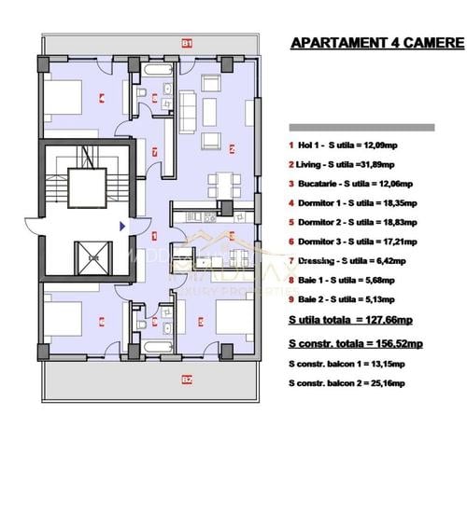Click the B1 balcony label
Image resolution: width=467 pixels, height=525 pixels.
click(187, 43)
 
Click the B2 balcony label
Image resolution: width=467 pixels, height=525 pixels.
click(187, 380)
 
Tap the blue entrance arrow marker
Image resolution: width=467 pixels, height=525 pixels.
click(121, 225)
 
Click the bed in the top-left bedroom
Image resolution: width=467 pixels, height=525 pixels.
click(64, 95)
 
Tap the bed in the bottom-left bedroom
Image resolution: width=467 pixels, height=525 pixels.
click(64, 321)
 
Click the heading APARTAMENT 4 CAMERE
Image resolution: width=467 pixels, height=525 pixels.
click(376, 43)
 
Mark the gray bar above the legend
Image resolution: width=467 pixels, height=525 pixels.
click(375, 127)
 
